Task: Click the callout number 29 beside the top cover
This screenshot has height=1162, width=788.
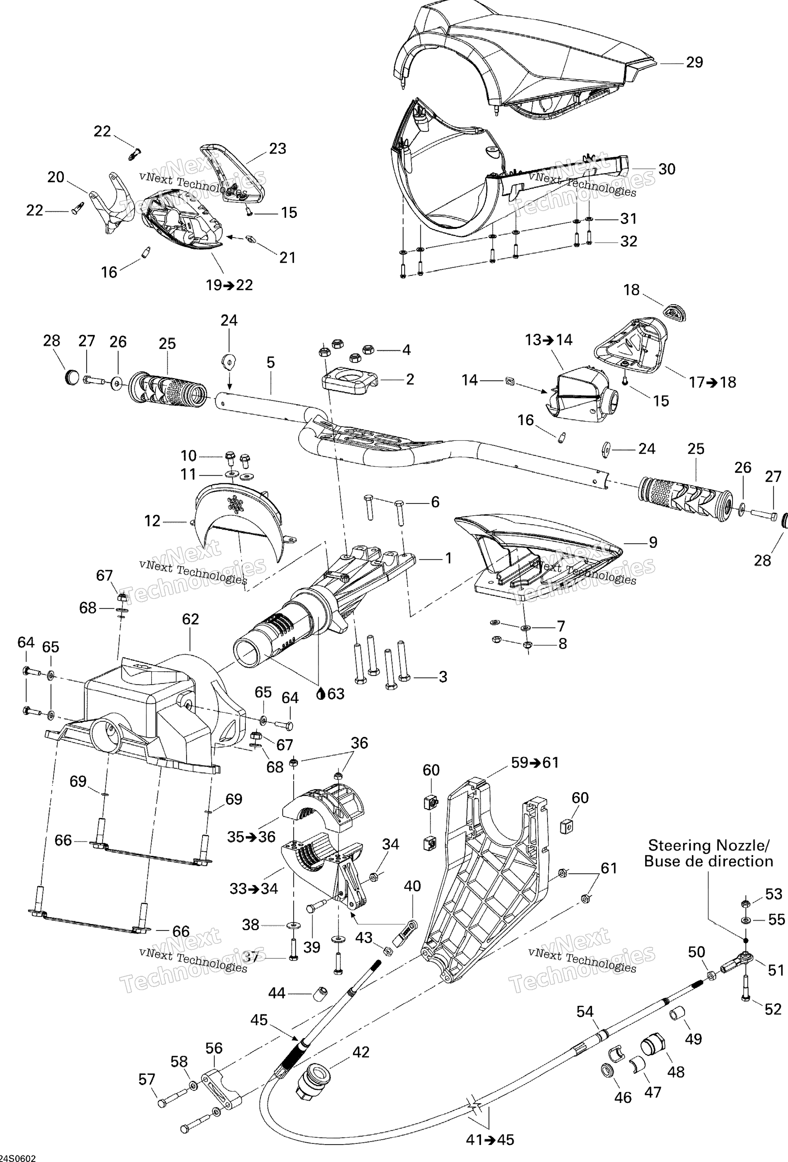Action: point(694,63)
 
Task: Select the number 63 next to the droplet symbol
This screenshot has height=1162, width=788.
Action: point(336,694)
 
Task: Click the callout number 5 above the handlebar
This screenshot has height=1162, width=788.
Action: point(271,363)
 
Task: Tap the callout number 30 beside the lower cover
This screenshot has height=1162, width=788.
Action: point(667,170)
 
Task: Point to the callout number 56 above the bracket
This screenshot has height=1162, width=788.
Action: point(214,1048)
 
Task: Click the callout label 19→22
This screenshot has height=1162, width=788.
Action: point(229,285)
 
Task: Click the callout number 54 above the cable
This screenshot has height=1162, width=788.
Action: point(584,1012)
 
